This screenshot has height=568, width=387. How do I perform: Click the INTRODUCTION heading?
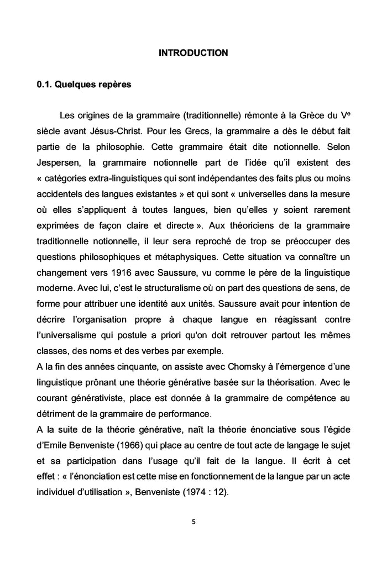[x=193, y=53]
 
